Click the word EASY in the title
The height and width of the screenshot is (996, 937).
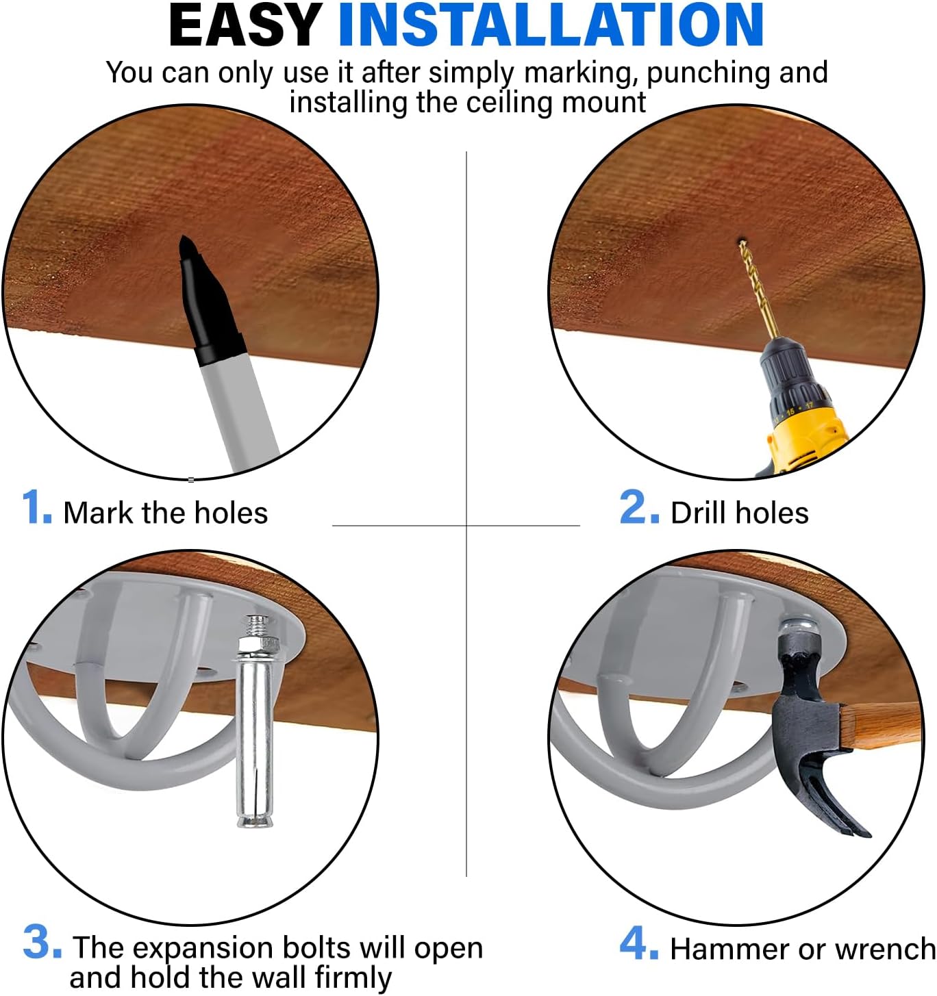245,25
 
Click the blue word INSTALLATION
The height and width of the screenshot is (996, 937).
551,25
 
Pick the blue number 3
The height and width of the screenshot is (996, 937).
42,943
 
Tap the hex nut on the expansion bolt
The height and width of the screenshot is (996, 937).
258,643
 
